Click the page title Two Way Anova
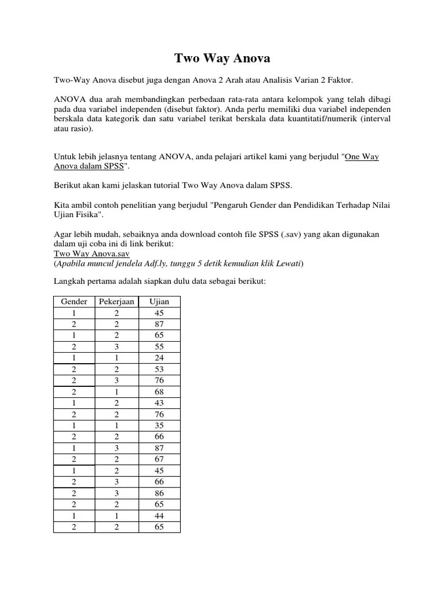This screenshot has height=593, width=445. [x=222, y=58]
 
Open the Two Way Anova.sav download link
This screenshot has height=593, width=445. [x=92, y=254]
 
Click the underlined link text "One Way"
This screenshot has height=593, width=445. [x=362, y=157]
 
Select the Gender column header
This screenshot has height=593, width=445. [x=74, y=301]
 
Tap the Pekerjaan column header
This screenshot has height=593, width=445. [x=116, y=301]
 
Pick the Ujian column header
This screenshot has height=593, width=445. [x=159, y=301]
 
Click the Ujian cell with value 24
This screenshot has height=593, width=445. [x=159, y=358]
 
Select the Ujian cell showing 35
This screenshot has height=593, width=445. [x=159, y=426]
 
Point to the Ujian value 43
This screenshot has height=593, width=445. [x=159, y=403]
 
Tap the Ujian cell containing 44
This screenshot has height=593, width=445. [x=159, y=515]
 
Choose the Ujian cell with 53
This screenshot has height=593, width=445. [x=159, y=369]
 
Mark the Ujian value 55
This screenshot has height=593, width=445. [x=159, y=346]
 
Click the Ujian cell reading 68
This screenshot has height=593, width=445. [x=159, y=391]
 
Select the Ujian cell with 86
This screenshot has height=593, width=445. [x=159, y=493]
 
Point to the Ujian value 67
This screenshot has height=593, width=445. [x=159, y=459]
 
